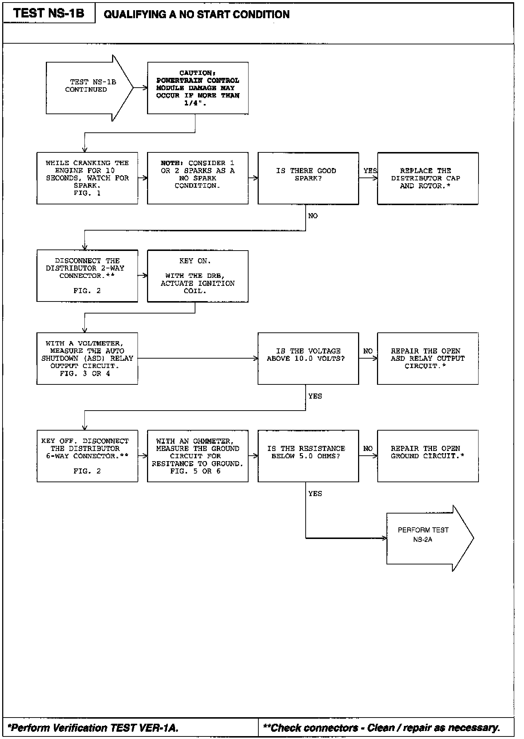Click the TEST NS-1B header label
tap(49, 13)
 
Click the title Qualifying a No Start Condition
tap(196, 15)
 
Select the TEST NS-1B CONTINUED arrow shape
tap(87, 88)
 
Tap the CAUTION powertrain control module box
tap(198, 88)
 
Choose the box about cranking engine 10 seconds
tap(87, 178)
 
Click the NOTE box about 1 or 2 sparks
tap(198, 178)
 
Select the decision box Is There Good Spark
tap(308, 178)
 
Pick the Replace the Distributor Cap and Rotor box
tap(428, 178)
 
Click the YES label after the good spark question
tap(370, 171)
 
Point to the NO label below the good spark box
tap(313, 216)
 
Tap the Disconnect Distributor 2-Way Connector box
tap(87, 276)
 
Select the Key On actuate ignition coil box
tap(198, 276)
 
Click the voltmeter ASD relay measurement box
tap(87, 358)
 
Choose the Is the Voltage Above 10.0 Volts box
tap(308, 358)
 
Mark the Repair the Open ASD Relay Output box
tap(428, 358)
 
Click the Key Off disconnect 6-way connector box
tap(87, 456)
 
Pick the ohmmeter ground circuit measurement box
tap(198, 456)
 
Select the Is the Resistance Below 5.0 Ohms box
tap(308, 456)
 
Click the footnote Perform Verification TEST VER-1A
tap(93, 727)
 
